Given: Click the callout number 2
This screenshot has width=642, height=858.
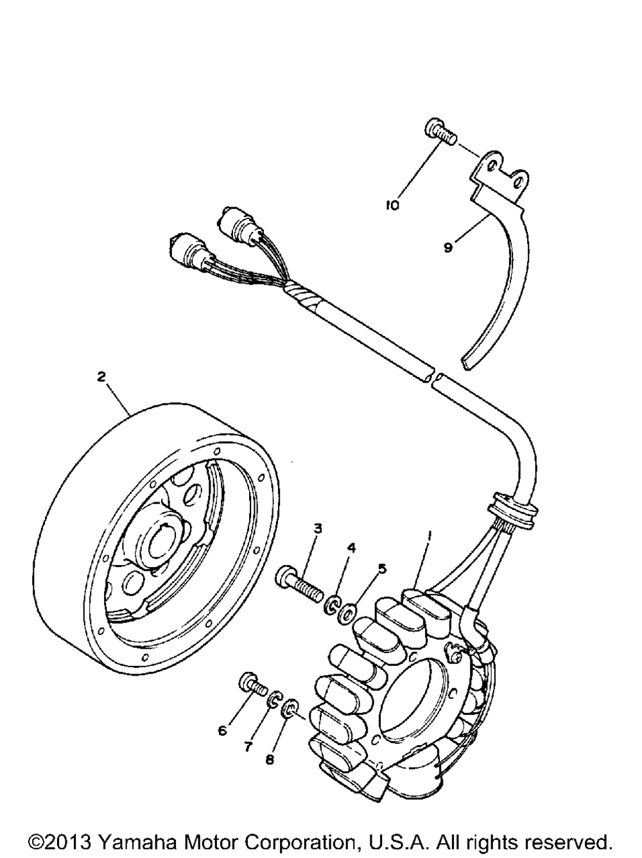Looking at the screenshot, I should [x=101, y=377].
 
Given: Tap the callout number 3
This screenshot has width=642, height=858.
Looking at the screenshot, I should [x=317, y=529].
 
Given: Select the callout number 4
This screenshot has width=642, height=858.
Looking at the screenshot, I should [x=351, y=547].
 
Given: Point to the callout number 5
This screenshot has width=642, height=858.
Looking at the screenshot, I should [x=382, y=568].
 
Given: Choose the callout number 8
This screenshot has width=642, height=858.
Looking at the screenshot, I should [x=269, y=759].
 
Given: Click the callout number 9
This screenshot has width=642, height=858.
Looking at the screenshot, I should [x=447, y=247].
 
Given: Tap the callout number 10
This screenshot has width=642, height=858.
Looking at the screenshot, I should [x=392, y=205].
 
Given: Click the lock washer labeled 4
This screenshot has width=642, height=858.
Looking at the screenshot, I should [x=332, y=605].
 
